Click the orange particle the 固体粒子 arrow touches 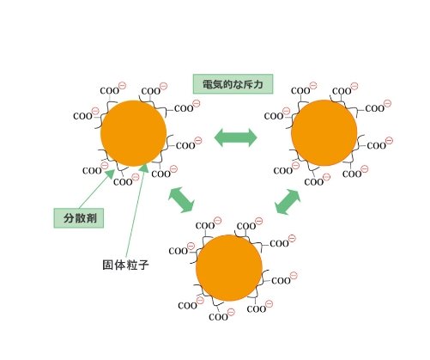[x=134, y=133]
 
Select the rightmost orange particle [x=324, y=132]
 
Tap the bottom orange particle [x=229, y=268]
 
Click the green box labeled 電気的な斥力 [x=233, y=84]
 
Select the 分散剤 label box [x=79, y=218]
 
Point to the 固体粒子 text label [x=125, y=265]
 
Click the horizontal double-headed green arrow [x=236, y=137]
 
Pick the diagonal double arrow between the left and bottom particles [x=181, y=200]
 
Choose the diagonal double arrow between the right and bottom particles [x=288, y=202]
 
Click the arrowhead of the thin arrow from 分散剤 [x=109, y=174]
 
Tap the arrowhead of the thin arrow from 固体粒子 [x=144, y=168]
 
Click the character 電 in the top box [x=208, y=84]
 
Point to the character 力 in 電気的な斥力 [x=257, y=84]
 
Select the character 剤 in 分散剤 [x=92, y=218]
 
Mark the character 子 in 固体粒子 [x=143, y=265]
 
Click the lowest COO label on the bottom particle [x=218, y=317]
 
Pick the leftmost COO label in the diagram [x=82, y=116]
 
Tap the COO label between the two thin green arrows [x=123, y=182]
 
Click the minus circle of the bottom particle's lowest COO [x=231, y=312]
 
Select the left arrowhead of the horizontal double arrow [x=219, y=137]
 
